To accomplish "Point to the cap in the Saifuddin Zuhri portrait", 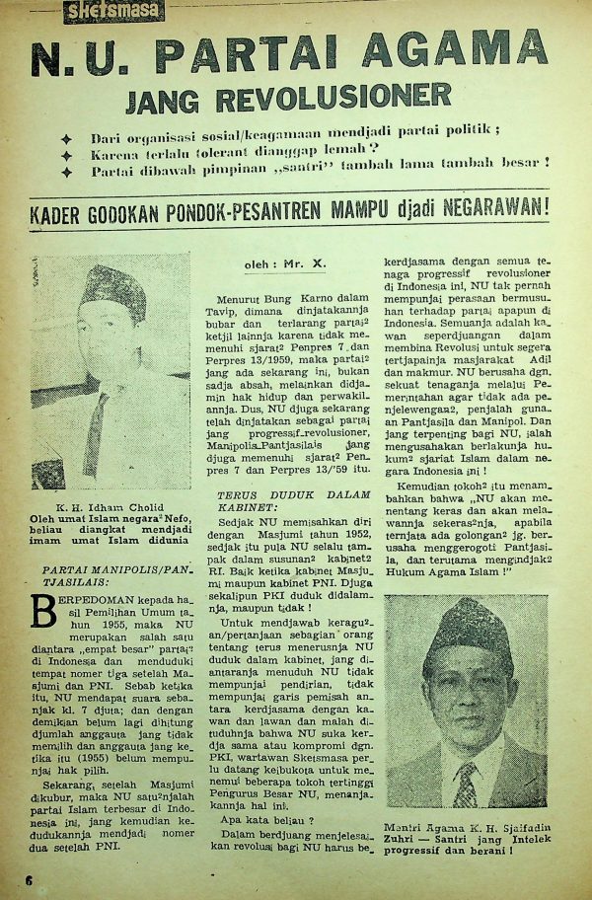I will [x=462, y=630].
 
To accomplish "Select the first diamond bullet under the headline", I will [x=66, y=138].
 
